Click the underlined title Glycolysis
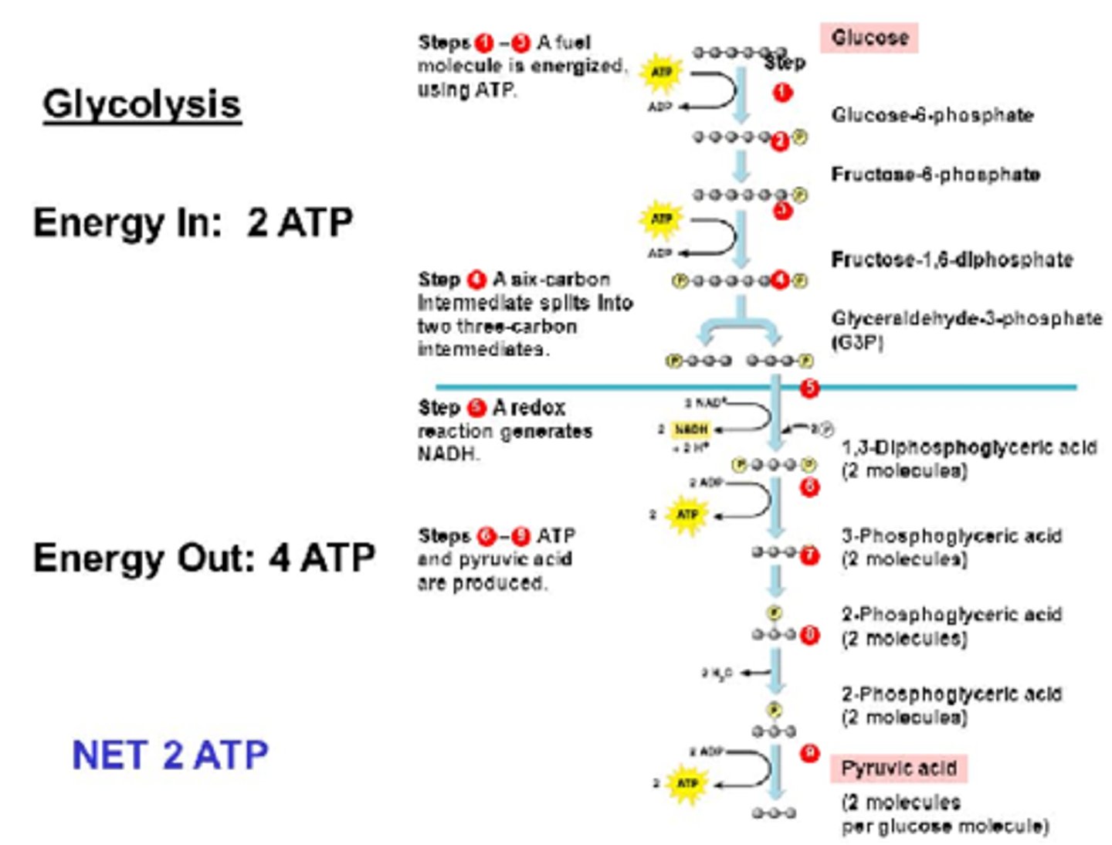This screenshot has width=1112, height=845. [141, 104]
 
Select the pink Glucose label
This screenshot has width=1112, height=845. [869, 38]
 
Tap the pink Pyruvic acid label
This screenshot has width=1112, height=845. [898, 769]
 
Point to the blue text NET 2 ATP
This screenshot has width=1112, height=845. [170, 755]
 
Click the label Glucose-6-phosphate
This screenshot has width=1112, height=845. [932, 115]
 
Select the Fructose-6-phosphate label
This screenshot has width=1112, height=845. [935, 175]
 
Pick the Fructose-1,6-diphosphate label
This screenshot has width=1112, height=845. [951, 260]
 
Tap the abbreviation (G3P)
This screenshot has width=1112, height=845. [857, 341]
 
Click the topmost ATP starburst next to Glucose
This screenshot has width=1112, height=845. [661, 72]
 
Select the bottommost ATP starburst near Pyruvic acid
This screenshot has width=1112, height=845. [687, 783]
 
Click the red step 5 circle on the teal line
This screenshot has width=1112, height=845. [809, 388]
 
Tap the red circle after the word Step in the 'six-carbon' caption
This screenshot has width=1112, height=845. [476, 279]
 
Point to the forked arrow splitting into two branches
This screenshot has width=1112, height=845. [740, 324]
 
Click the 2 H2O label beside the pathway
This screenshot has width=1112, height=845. [717, 674]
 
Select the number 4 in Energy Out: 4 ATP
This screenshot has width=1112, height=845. [279, 558]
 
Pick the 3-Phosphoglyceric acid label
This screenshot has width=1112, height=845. [951, 536]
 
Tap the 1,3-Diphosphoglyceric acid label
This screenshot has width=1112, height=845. [968, 448]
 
